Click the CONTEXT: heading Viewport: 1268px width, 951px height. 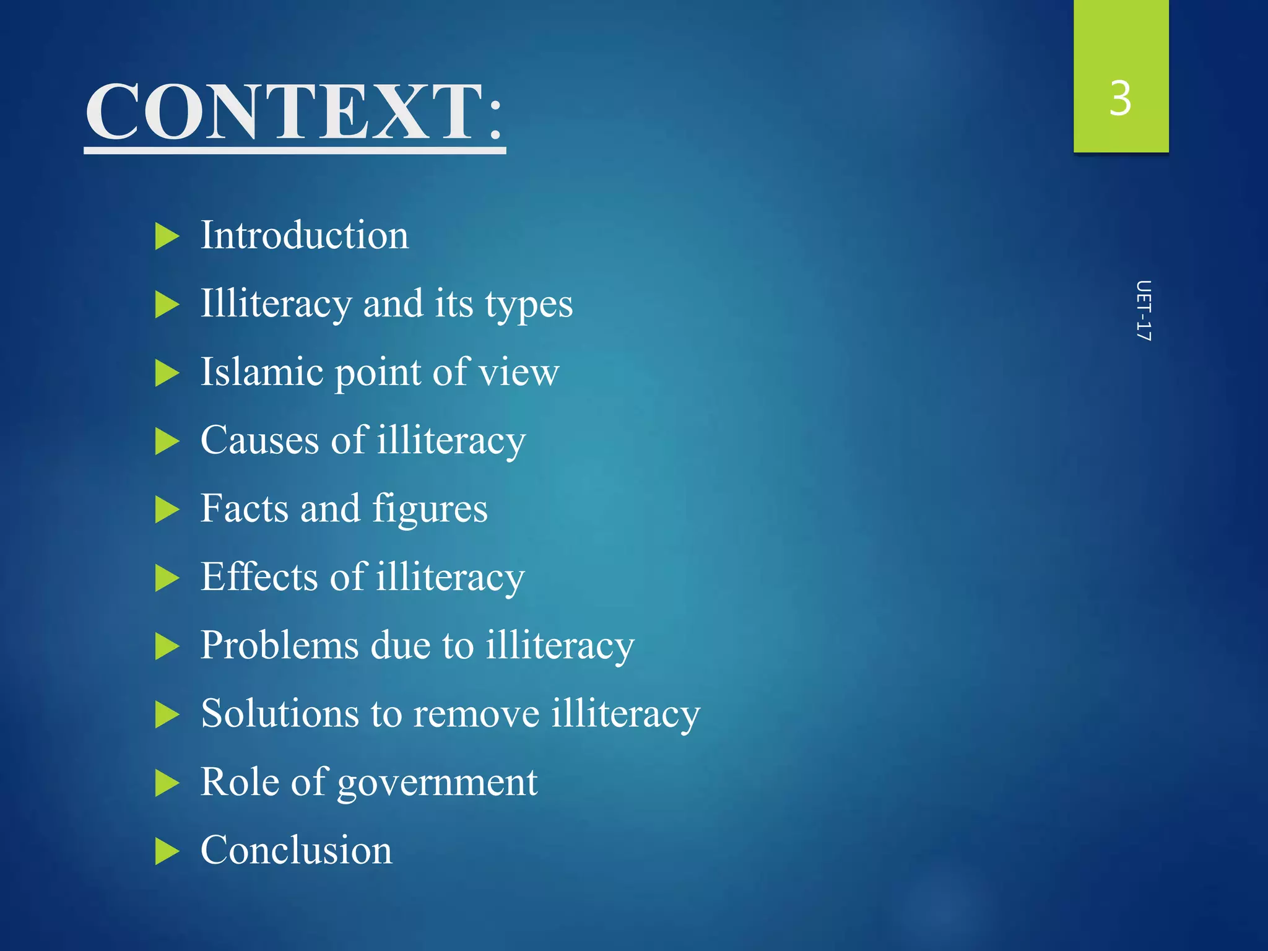coord(295,113)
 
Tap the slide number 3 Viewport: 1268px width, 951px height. coord(1120,99)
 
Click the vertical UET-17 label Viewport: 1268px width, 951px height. coord(1143,311)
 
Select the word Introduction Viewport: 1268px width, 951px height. coord(305,236)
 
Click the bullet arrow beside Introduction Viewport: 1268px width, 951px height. coord(167,237)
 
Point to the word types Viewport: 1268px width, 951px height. coord(529,305)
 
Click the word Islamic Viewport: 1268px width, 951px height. coord(262,372)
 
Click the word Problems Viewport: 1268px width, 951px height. coord(280,646)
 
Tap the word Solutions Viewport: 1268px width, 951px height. coord(280,714)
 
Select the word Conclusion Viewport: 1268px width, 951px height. coord(296,850)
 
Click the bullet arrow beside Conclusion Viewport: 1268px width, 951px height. coord(167,851)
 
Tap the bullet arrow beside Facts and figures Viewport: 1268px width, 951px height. coord(167,510)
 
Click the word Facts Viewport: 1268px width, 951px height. coord(245,509)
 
